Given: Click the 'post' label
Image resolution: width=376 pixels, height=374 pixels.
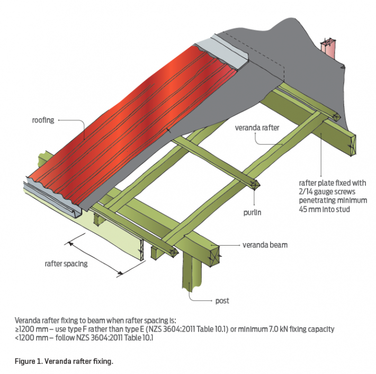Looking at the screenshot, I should point(222,301).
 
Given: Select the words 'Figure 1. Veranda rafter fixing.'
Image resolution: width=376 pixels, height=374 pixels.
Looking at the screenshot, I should point(64,361).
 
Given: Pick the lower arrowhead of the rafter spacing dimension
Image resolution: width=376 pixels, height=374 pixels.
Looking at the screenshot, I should point(121,273).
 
